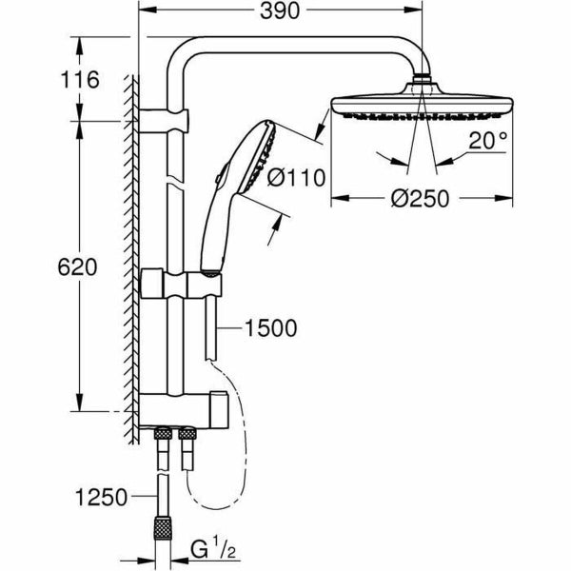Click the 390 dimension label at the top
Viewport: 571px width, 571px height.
click(x=280, y=12)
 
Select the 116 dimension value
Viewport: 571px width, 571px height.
click(x=80, y=80)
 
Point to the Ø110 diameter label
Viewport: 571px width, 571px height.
click(x=297, y=176)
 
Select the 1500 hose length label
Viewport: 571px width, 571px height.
click(x=270, y=329)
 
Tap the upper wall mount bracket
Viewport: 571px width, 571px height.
click(x=169, y=121)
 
